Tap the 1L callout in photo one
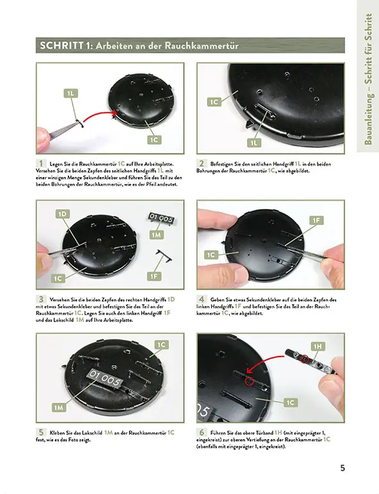70,93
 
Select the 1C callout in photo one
154,139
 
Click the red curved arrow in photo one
99,115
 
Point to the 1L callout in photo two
254,143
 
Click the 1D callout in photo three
63,214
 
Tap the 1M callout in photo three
156,235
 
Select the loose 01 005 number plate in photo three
162,218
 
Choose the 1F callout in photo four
316,220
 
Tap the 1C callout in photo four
211,254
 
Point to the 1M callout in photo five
59,408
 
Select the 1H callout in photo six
318,347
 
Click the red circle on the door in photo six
250,382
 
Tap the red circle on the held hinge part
304,359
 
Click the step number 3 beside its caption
41,299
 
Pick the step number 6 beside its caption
202,433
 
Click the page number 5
343,468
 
